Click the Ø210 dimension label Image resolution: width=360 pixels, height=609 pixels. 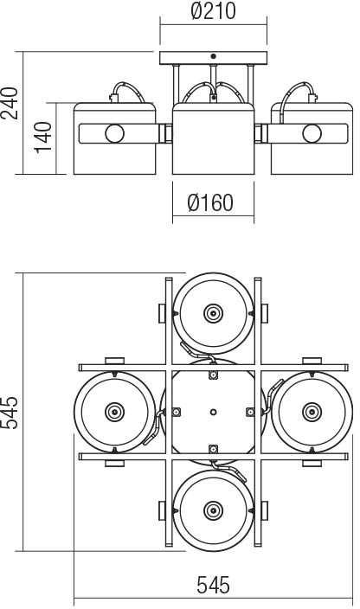click(214, 10)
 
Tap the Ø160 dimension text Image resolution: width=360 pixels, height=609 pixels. click(211, 202)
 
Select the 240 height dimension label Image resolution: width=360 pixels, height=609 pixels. click(10, 103)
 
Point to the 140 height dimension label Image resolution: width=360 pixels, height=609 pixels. click(42, 138)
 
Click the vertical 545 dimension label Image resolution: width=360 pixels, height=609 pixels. click(10, 413)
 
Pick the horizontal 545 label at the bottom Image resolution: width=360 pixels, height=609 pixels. click(213, 586)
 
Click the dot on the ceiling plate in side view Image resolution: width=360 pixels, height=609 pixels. click(213, 57)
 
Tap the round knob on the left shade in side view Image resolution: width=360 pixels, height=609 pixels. click(114, 133)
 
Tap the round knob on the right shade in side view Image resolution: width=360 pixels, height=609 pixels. click(312, 133)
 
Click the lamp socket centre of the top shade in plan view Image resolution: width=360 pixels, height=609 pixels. click(213, 313)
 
